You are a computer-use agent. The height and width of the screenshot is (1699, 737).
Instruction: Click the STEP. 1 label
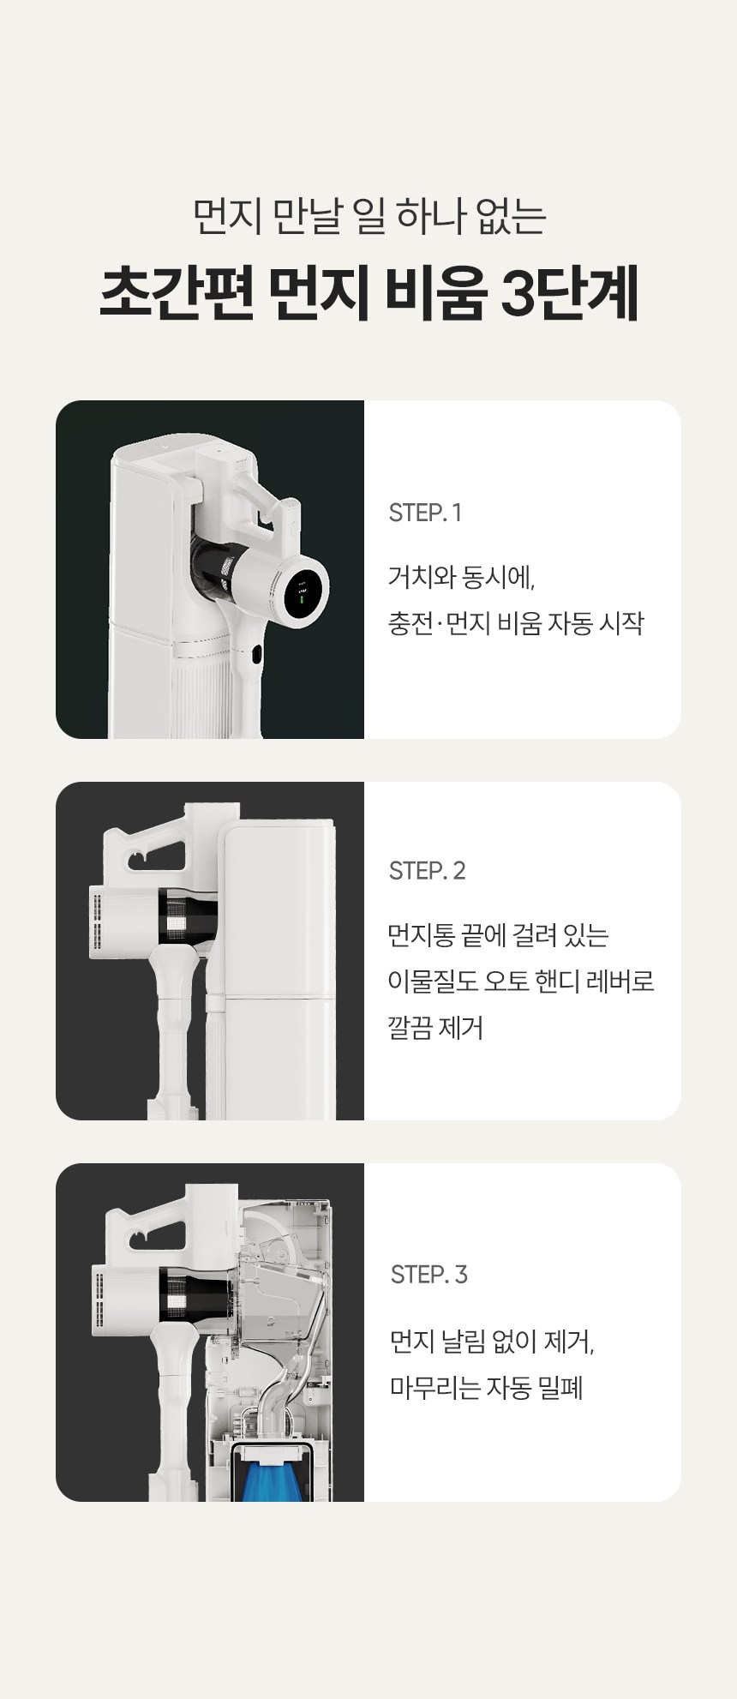[x=425, y=513]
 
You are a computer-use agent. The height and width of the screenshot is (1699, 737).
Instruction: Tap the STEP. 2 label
[x=427, y=871]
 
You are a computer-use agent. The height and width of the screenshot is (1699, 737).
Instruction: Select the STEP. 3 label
[x=428, y=1274]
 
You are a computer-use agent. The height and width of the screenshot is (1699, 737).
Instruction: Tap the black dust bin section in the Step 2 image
[x=189, y=921]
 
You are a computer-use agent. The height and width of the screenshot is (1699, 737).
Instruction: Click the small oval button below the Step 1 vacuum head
[x=256, y=656]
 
